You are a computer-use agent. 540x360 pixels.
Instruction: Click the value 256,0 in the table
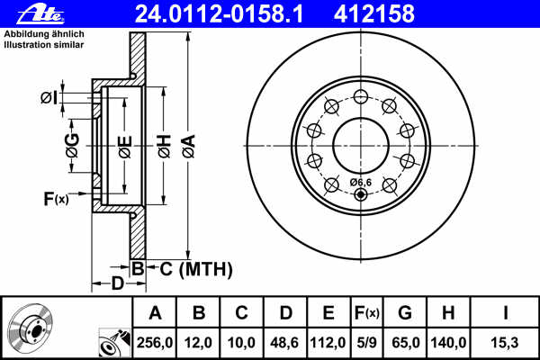[155, 343]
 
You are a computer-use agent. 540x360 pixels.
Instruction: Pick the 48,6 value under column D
[285, 343]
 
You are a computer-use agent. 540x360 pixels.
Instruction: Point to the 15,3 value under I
[505, 343]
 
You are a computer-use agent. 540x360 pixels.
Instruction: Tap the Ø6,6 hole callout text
[359, 183]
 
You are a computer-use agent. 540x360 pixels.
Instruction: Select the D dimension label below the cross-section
[117, 284]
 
